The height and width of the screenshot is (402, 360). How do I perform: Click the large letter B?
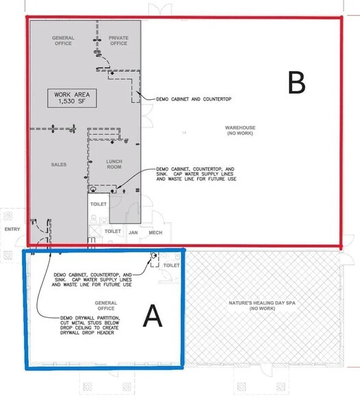click(x=296, y=83)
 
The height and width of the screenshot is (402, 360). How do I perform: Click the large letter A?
click(x=152, y=316)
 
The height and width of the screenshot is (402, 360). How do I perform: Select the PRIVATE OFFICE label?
click(x=118, y=40)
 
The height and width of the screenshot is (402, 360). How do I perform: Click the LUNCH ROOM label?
click(x=114, y=164)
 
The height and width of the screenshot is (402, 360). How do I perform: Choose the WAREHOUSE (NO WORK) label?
click(x=241, y=130)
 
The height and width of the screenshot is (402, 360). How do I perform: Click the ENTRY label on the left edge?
click(x=12, y=230)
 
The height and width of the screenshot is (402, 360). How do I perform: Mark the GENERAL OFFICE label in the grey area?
click(x=64, y=40)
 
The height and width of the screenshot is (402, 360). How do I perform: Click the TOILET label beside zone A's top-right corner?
click(x=172, y=265)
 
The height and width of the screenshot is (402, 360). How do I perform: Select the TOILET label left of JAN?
click(x=112, y=232)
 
